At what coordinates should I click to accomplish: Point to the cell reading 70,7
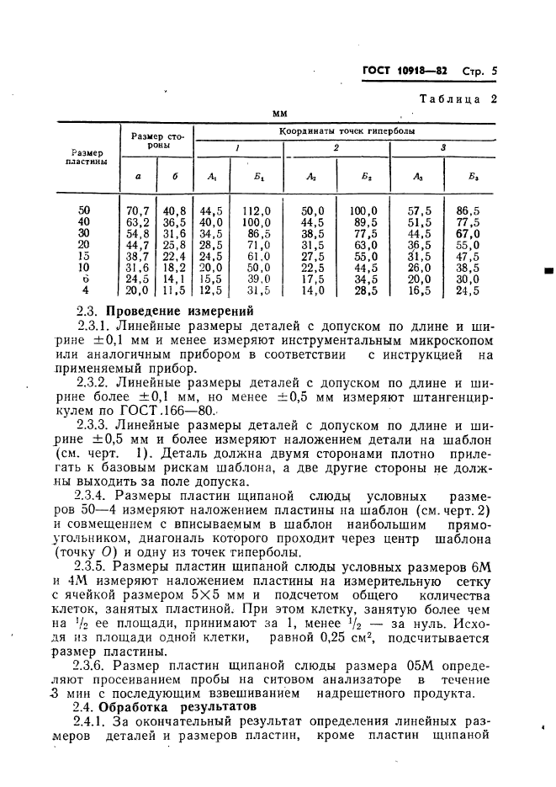tap(136, 210)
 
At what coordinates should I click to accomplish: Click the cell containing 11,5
tap(173, 290)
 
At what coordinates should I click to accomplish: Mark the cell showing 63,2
tap(136, 221)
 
